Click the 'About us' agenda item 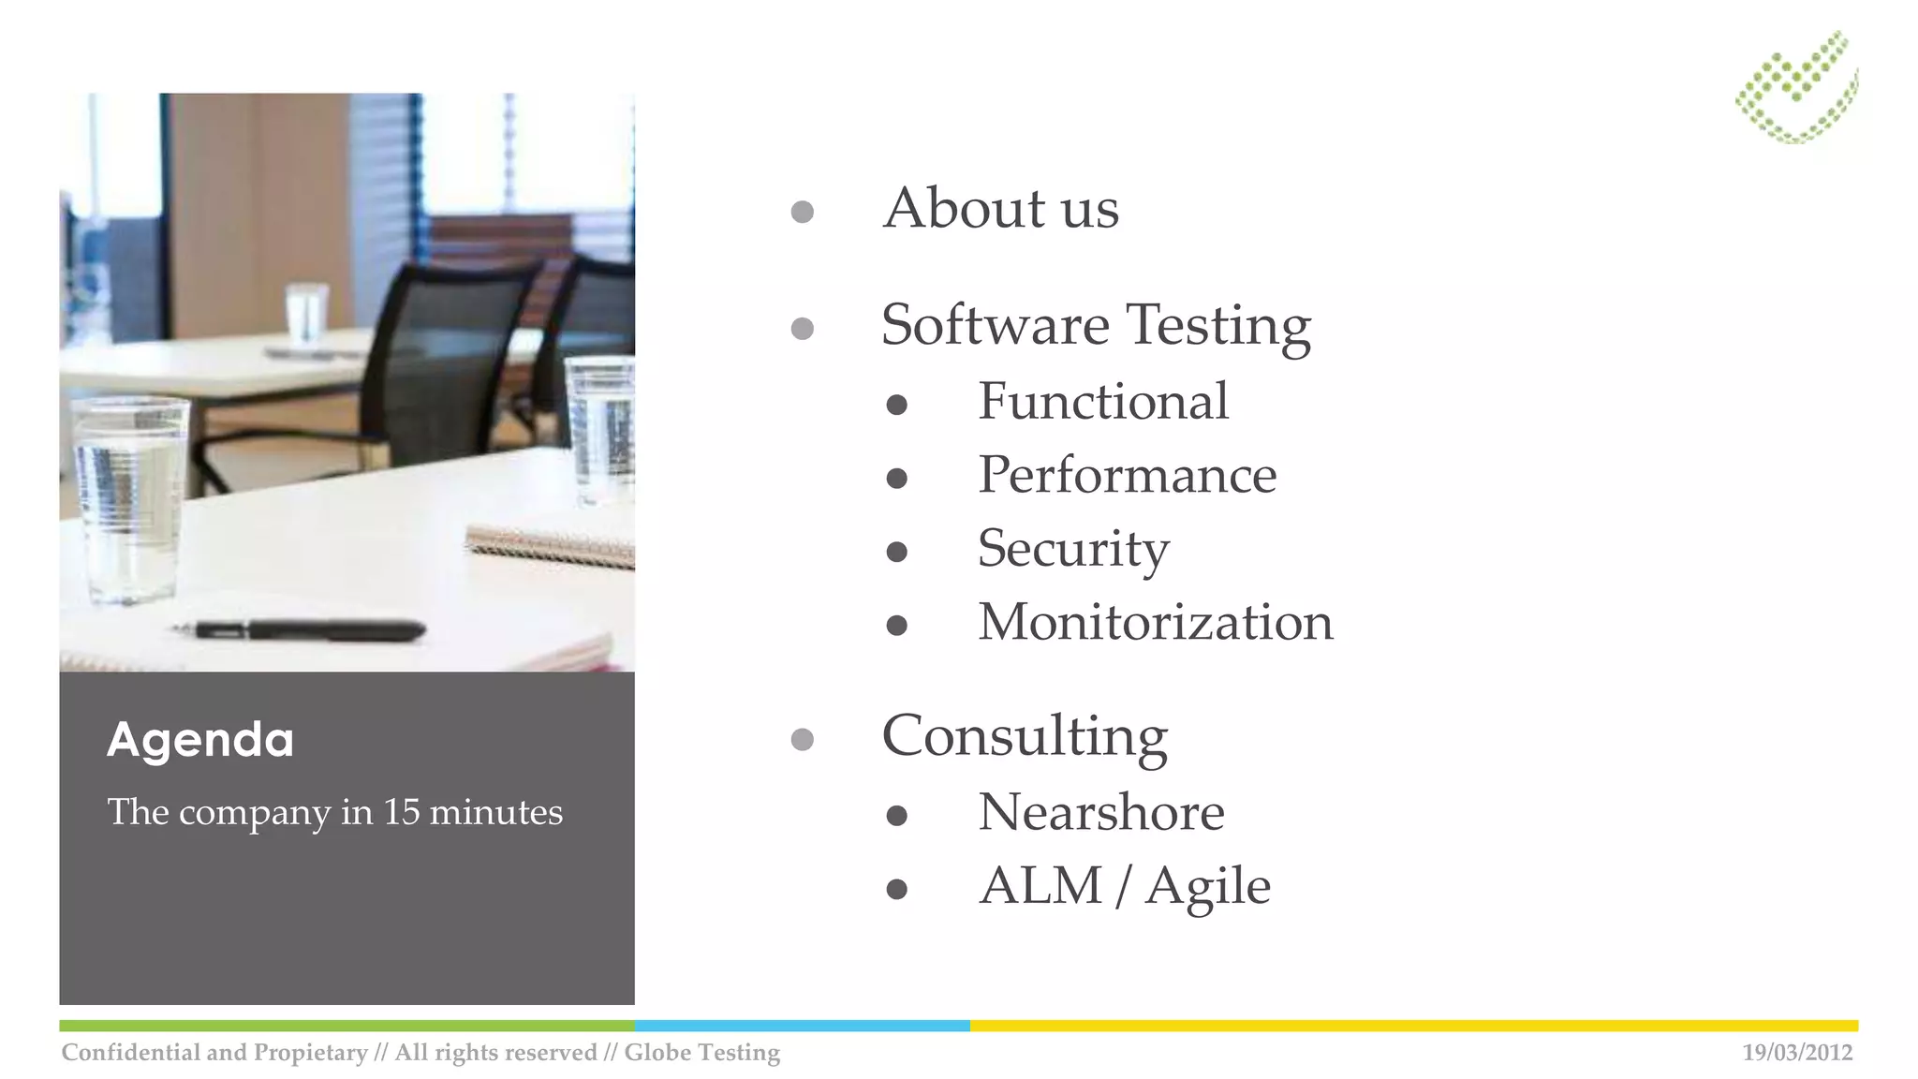(1000, 208)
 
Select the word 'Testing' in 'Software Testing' (1217, 326)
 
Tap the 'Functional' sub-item (1103, 402)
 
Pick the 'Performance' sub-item (1127, 475)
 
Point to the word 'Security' (1073, 549)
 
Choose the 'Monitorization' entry (1156, 622)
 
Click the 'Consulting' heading (1025, 736)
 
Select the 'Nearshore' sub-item (1101, 812)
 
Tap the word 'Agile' (1208, 887)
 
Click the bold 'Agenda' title (200, 740)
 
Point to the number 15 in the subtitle (401, 812)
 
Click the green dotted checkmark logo (1796, 87)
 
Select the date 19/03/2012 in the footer (1796, 1053)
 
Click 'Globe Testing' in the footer (701, 1053)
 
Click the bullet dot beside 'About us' (802, 212)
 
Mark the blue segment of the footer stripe (802, 1026)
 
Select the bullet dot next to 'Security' (896, 552)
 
